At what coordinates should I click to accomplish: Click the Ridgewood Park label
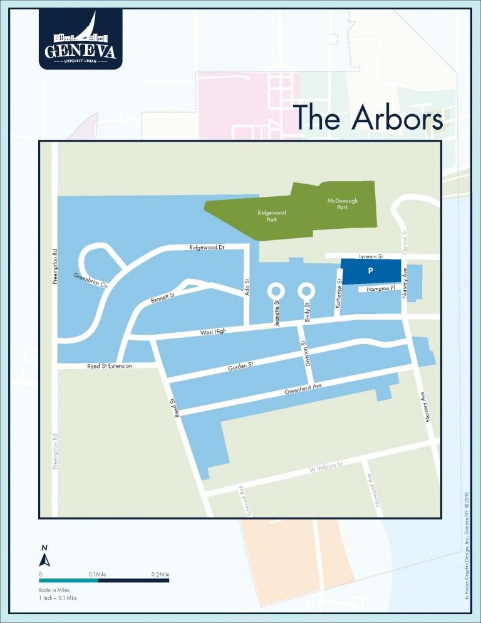click(272, 216)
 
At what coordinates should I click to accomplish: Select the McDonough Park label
click(342, 204)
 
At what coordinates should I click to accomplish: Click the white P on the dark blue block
click(371, 271)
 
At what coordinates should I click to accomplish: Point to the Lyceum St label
click(362, 256)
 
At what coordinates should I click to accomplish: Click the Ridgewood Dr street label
click(207, 248)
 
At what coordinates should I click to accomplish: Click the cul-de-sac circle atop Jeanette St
click(276, 291)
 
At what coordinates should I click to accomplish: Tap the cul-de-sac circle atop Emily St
click(306, 291)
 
